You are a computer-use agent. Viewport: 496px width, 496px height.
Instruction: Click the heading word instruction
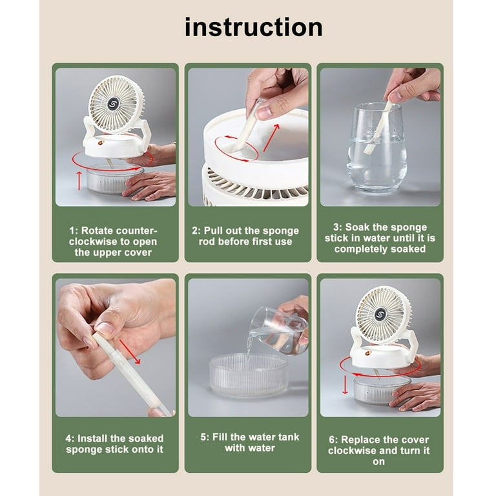tap(254, 27)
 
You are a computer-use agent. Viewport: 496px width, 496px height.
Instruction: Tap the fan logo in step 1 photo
tap(113, 104)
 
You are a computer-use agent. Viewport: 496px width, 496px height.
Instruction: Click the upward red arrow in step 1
tap(79, 181)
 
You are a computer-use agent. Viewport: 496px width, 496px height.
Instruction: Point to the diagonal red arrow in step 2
tap(271, 138)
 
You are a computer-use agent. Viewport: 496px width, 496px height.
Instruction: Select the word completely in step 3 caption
tap(361, 249)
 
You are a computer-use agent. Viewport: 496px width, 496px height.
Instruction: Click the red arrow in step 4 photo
tap(130, 352)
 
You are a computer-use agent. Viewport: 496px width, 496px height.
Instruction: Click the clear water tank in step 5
tap(249, 375)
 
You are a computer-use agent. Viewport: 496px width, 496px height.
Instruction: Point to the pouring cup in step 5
tap(278, 331)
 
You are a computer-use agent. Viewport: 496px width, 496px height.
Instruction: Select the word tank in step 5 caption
tap(287, 437)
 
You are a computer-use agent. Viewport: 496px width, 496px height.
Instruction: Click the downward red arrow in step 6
tap(345, 384)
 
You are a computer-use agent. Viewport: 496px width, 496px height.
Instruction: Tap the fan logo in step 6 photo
tap(380, 315)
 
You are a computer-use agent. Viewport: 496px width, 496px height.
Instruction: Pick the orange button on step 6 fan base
tap(368, 353)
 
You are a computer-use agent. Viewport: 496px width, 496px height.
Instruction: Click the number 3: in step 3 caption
tap(338, 227)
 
